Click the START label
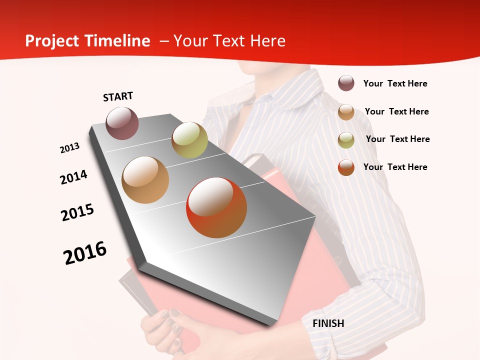coord(118,96)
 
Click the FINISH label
coord(328,323)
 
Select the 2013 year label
coord(70,148)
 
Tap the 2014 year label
coord(73,177)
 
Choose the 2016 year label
coord(85,252)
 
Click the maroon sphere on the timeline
coord(122,123)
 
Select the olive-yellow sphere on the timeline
coord(189,139)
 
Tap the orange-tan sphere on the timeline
coord(145,179)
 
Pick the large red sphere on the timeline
coord(216,207)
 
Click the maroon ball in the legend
coord(346,83)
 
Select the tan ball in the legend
coord(346,112)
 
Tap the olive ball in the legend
coord(346,140)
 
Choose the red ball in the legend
coord(346,167)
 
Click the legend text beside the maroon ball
coord(395,83)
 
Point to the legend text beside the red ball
coord(395,167)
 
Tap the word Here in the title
coord(267,41)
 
